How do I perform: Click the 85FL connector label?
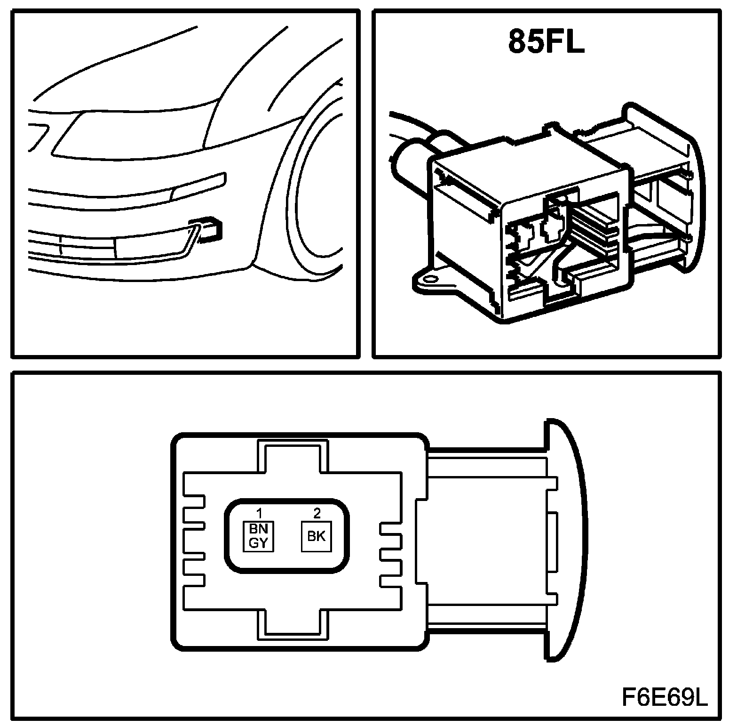click(x=546, y=42)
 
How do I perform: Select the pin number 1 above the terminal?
click(x=259, y=513)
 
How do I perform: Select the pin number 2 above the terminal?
click(x=317, y=513)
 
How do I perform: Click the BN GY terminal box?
click(x=258, y=536)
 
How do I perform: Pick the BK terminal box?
click(x=316, y=536)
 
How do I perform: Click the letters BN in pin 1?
click(x=258, y=529)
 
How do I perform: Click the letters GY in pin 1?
click(x=258, y=543)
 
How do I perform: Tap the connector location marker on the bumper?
click(x=211, y=228)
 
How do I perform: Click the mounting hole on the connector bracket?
click(x=428, y=280)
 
